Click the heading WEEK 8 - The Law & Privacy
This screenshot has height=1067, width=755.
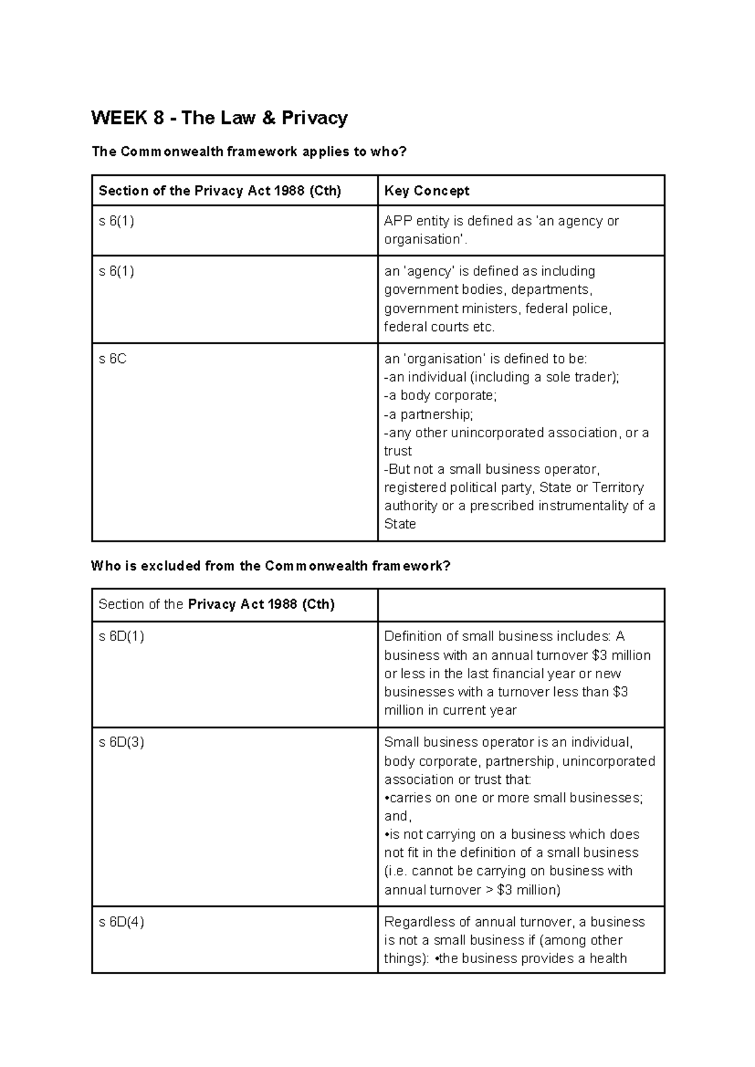219,118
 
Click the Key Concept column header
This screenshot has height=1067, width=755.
427,191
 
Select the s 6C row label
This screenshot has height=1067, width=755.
113,359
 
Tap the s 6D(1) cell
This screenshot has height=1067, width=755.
121,636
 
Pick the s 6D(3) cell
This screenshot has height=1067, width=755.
121,742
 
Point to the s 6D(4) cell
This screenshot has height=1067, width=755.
121,922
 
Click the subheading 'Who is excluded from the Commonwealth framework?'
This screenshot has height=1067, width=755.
271,566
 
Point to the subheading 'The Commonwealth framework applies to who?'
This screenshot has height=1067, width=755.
249,152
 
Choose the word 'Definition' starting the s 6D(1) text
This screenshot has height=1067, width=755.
413,636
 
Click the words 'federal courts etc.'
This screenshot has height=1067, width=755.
440,327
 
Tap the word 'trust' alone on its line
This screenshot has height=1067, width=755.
398,451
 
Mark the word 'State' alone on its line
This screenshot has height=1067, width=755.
400,524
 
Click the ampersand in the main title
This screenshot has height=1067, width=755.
269,118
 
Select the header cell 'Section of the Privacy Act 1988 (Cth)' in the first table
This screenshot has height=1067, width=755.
220,191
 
